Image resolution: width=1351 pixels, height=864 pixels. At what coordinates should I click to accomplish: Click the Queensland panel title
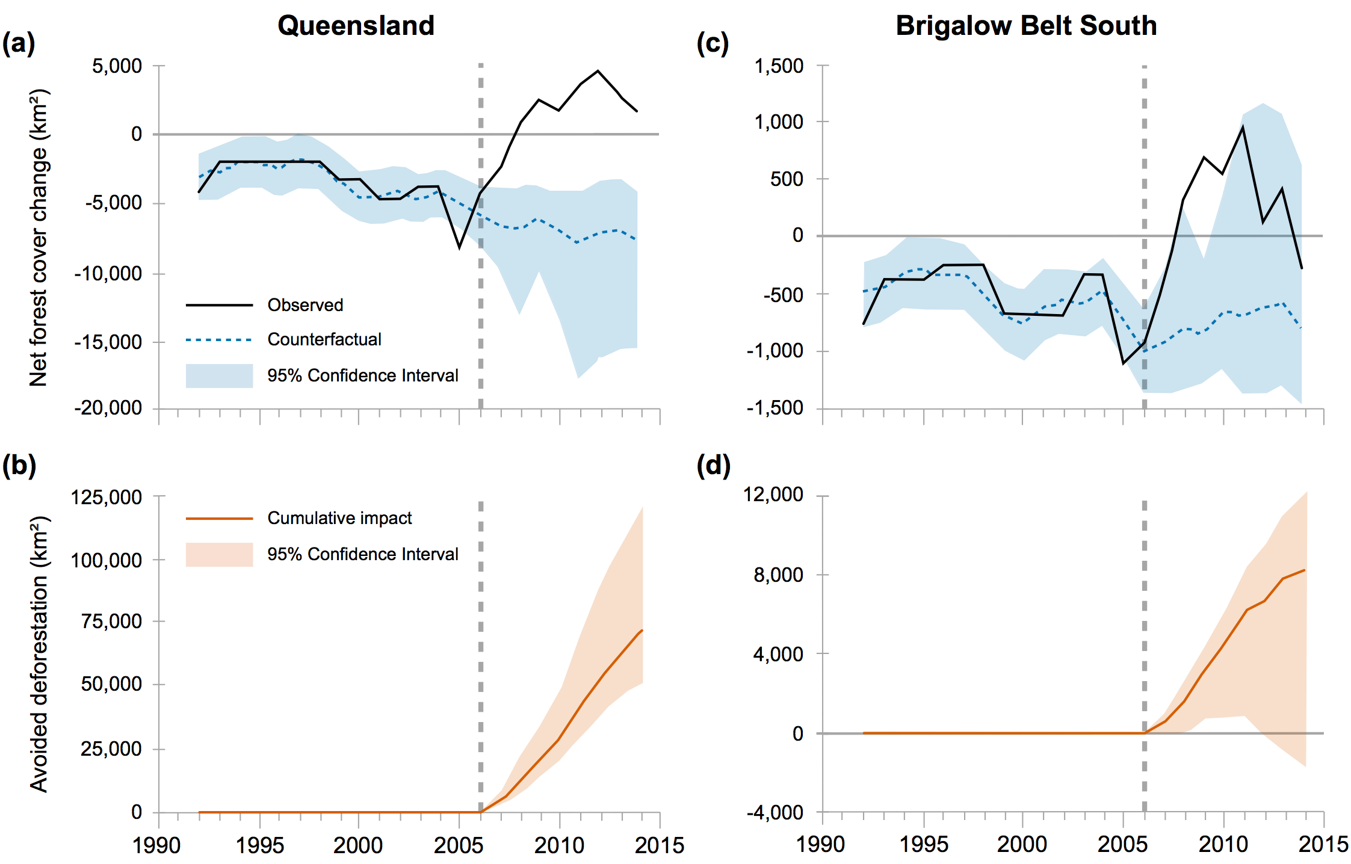tap(356, 26)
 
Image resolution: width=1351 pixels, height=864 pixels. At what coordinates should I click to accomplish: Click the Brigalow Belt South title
tap(1026, 26)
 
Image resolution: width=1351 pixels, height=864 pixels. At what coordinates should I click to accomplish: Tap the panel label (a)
tap(19, 44)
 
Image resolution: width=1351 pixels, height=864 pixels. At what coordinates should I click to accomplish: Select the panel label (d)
tap(713, 466)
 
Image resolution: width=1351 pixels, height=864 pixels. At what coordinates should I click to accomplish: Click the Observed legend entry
tap(305, 305)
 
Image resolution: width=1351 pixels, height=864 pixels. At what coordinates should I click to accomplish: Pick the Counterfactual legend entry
tap(324, 339)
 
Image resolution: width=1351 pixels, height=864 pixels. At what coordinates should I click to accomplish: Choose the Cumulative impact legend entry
tap(339, 518)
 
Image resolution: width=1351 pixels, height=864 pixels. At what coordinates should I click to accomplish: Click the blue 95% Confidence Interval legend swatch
tap(219, 375)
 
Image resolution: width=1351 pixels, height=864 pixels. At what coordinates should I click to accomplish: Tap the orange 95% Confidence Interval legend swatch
tap(219, 554)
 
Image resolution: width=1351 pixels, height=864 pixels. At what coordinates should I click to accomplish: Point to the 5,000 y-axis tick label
tap(117, 66)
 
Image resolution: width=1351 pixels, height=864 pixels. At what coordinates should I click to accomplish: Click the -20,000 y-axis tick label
tap(108, 408)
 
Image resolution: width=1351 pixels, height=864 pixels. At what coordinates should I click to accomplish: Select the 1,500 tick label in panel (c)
tap(779, 66)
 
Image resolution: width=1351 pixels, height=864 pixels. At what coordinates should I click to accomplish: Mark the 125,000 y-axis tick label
tap(107, 497)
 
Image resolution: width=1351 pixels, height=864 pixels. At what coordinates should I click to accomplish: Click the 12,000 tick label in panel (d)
tap(773, 495)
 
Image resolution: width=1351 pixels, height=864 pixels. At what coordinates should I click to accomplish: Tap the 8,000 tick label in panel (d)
tap(778, 575)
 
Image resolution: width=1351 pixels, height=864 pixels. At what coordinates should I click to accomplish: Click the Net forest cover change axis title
tap(39, 238)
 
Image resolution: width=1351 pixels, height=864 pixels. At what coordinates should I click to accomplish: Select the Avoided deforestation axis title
tap(39, 654)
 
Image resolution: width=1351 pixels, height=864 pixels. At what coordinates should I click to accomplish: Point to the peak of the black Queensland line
tap(598, 71)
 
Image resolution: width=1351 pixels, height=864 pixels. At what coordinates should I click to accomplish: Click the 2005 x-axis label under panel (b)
tap(459, 845)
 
